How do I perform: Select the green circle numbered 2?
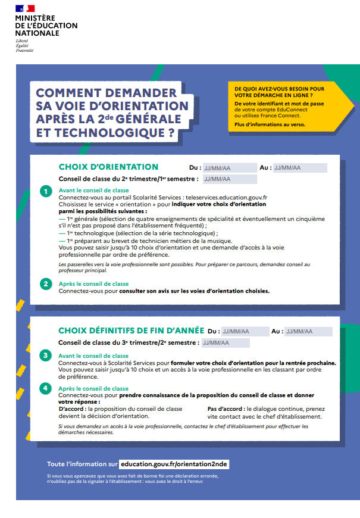click(46, 285)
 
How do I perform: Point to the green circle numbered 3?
click(46, 356)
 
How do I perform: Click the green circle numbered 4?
click(46, 389)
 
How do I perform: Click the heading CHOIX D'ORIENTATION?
click(108, 167)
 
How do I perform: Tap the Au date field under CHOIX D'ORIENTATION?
click(300, 168)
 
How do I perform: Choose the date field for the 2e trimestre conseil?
click(221, 179)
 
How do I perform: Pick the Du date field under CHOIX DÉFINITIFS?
click(244, 332)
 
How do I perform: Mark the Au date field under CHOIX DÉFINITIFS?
click(308, 332)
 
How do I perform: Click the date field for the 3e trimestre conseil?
click(225, 343)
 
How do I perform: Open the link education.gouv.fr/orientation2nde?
click(174, 464)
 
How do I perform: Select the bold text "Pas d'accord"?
click(225, 409)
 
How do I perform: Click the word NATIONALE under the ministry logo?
click(37, 33)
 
